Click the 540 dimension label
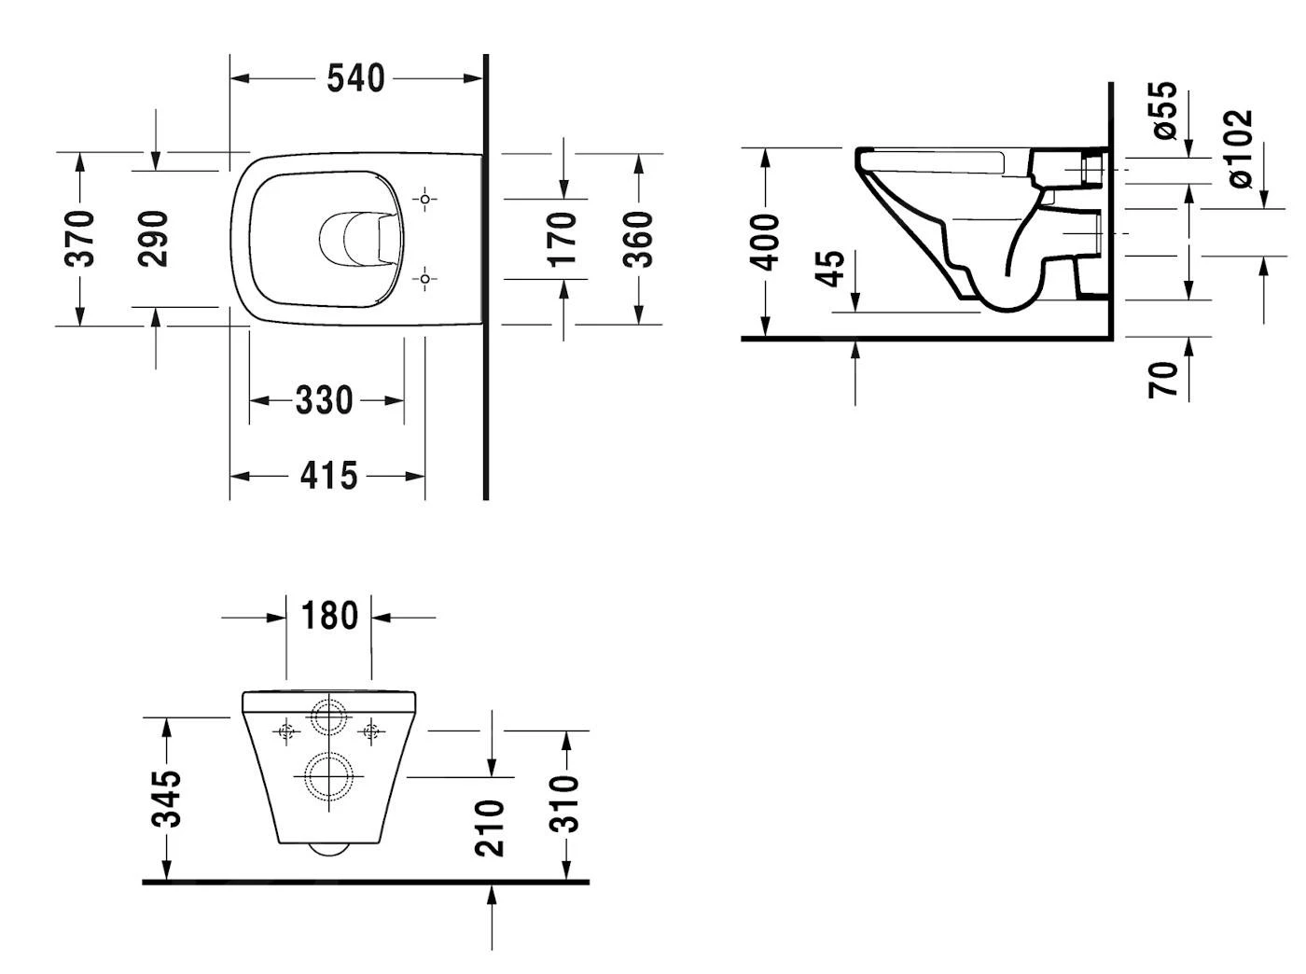coord(355,78)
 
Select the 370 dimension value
coord(80,239)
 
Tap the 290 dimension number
coord(154,239)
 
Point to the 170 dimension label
coord(563,239)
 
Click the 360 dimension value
coord(639,239)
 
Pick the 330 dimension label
coord(325,400)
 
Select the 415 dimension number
coord(328,476)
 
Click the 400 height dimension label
coord(766,242)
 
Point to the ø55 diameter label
coord(1165,110)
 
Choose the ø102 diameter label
coord(1240,149)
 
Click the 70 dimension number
coord(1163,379)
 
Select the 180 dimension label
coord(329,616)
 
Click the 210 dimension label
coord(491,827)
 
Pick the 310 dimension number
coord(565,802)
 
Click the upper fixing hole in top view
coord(424,199)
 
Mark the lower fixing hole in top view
coord(424,278)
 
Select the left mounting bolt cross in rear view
coord(286,731)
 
